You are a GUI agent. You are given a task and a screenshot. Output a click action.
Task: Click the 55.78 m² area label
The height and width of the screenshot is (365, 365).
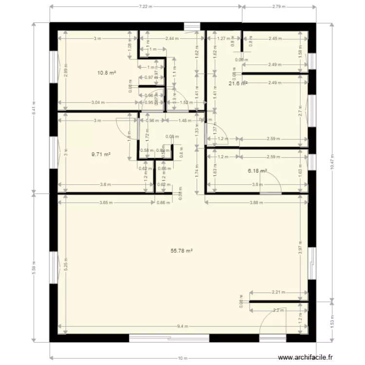(x=182, y=251)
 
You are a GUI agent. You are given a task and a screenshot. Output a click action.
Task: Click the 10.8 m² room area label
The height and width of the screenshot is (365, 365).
(x=107, y=73)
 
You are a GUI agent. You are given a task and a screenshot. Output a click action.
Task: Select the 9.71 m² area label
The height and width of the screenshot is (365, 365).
(x=101, y=154)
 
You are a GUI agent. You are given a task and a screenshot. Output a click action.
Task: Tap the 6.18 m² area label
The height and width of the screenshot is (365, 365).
(x=257, y=171)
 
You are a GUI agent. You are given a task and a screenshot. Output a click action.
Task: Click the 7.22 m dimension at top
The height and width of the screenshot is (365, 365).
(x=146, y=7)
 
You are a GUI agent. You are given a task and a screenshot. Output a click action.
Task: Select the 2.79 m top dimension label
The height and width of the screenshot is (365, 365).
(x=279, y=7)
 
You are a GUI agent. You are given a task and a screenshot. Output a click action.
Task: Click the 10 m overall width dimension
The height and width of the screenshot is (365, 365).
(x=182, y=358)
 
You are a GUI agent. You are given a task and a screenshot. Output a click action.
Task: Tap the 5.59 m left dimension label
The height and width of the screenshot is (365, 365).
(x=34, y=267)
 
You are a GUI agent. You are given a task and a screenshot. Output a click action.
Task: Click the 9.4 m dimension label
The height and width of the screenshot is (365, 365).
(x=182, y=326)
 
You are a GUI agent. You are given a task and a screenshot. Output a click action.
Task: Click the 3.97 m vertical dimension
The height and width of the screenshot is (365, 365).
(x=301, y=247)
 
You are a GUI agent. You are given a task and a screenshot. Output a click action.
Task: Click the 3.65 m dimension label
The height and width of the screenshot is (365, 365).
(x=104, y=202)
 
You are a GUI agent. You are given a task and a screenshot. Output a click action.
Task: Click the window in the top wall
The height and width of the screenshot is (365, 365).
(x=192, y=26)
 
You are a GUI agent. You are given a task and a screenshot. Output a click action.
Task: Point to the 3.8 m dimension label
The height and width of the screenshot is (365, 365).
(x=256, y=184)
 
